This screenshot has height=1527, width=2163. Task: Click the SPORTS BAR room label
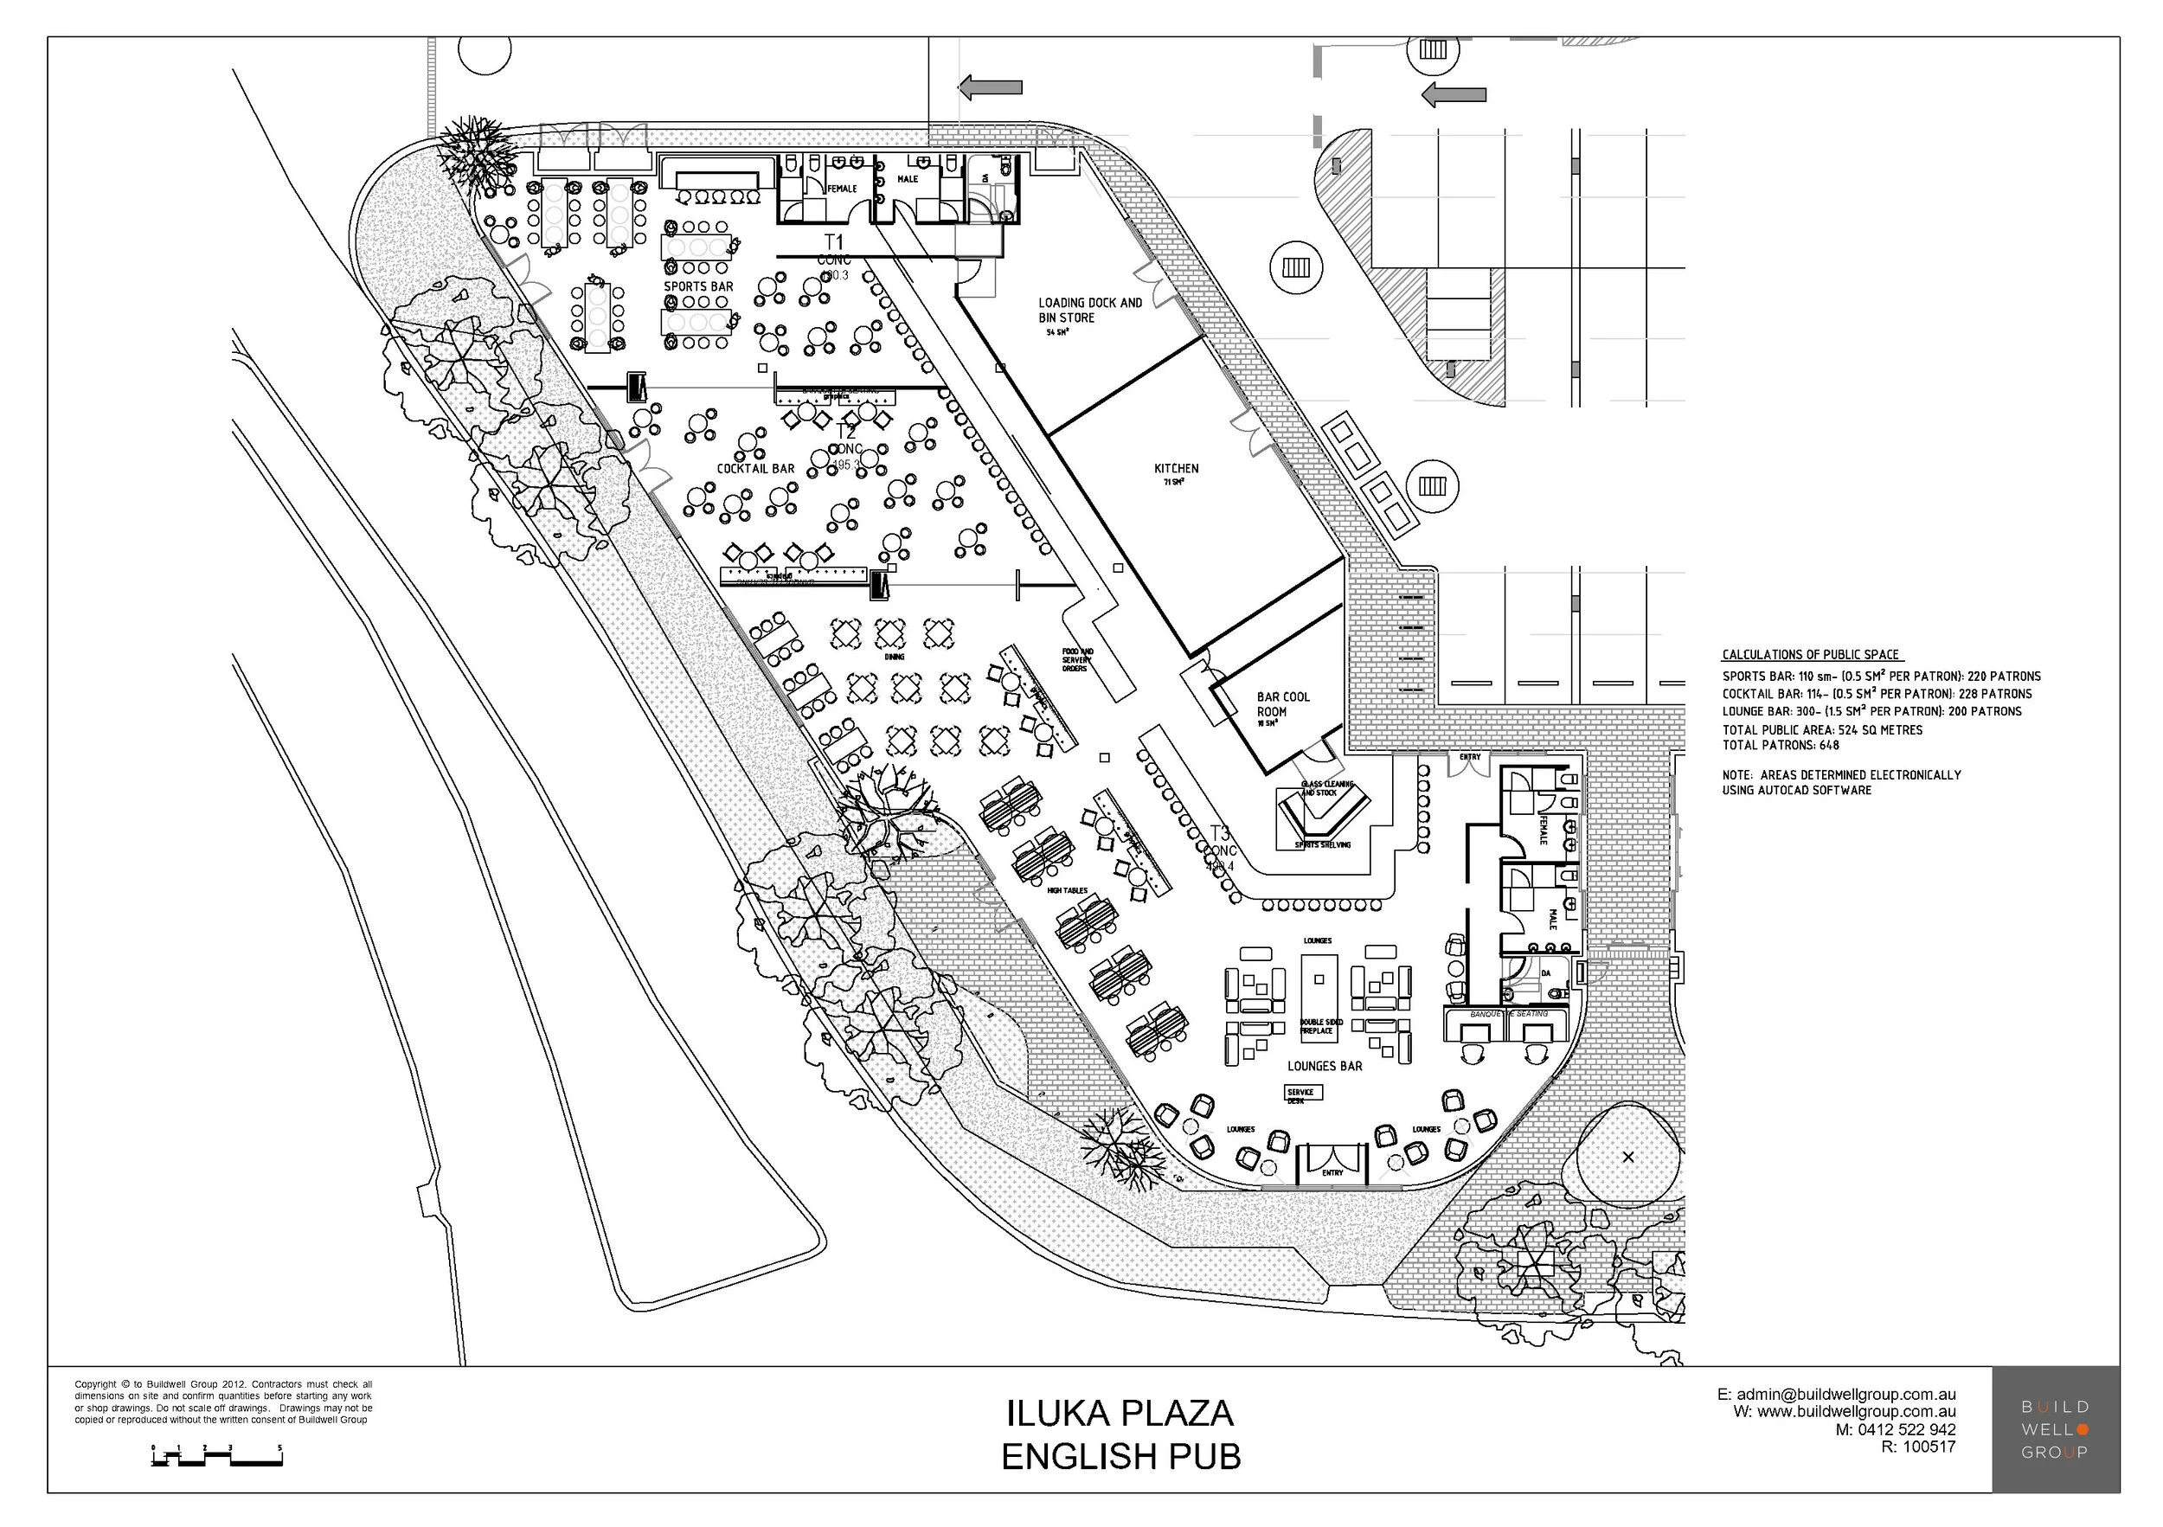(698, 286)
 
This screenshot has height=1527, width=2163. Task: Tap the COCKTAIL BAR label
(754, 468)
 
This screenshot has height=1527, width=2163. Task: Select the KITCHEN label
(1176, 468)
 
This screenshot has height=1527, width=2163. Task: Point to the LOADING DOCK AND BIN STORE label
(1089, 310)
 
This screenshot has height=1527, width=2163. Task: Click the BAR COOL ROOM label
(1282, 703)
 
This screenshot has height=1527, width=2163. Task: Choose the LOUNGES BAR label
(1324, 1065)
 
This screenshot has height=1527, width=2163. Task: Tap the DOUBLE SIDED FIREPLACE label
(1321, 1026)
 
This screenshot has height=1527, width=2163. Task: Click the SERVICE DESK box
(1303, 1093)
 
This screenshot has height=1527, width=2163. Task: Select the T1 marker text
(834, 242)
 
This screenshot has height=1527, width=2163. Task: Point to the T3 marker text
(1219, 833)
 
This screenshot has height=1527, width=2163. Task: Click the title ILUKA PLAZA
(1120, 1413)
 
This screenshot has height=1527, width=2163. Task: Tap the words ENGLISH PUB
(1120, 1456)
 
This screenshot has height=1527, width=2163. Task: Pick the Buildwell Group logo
(2055, 1429)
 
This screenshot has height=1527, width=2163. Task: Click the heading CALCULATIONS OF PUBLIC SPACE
(1811, 655)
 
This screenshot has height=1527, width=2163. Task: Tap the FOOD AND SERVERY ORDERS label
(1077, 659)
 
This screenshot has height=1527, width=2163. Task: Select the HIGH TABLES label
(1067, 890)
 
